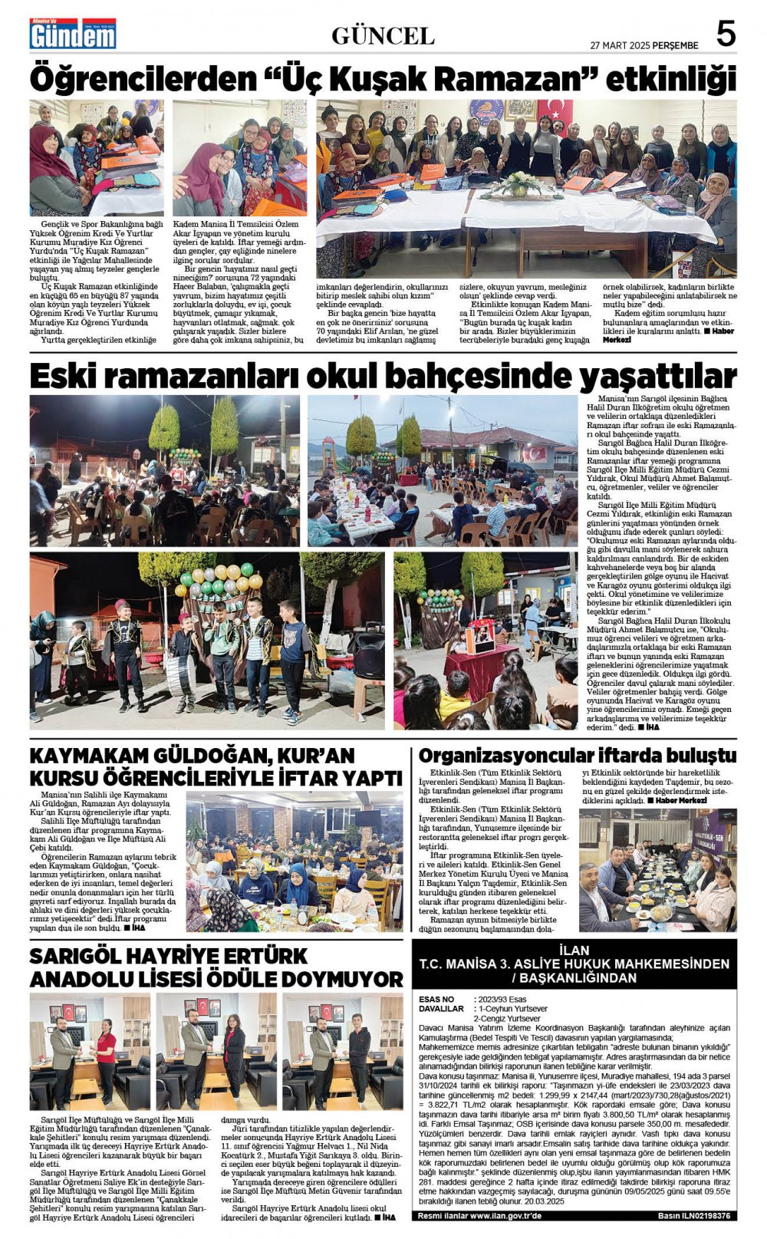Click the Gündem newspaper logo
[73, 34]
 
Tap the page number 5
[725, 34]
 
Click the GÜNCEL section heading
[383, 35]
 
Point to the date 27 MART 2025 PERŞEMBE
[644, 45]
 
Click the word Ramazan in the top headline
[509, 79]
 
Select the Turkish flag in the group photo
[554, 114]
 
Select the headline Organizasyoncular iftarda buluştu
[577, 755]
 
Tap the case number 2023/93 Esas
[502, 999]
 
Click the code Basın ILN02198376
[693, 1216]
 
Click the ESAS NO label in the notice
[437, 999]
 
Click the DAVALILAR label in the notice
[442, 1008]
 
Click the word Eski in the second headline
[63, 377]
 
